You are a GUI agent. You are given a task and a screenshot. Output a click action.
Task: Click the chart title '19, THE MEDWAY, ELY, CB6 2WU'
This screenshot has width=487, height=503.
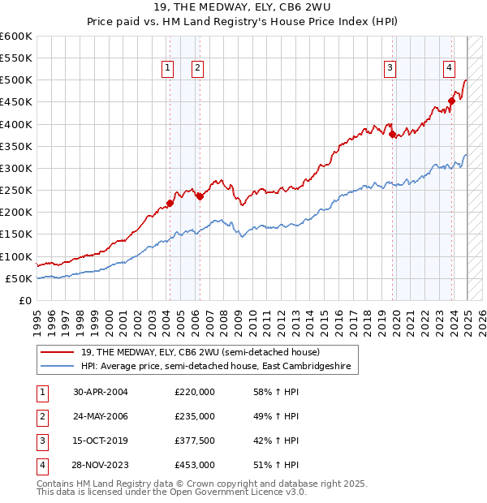coord(243,9)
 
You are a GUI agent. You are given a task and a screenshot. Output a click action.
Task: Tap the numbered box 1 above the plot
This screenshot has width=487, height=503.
coord(167,68)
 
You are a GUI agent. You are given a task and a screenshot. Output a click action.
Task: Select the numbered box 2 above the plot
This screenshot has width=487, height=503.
coord(197,68)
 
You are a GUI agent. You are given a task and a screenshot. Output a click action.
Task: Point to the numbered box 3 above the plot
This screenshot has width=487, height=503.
coord(390,68)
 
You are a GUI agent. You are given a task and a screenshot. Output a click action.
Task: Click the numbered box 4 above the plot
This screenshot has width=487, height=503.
coord(449,68)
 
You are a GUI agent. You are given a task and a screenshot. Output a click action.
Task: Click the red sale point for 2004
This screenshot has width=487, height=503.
coord(170,203)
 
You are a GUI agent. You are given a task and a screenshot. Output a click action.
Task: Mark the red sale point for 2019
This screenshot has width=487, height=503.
coord(392,135)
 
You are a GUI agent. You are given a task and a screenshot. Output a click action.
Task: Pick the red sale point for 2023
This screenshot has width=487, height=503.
coord(452,101)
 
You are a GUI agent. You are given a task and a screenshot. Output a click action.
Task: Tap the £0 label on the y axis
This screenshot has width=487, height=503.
coord(26,300)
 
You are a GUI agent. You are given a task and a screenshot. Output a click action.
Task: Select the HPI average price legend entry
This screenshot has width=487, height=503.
coord(215,367)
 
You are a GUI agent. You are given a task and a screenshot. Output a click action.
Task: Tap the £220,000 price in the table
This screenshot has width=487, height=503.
coord(195,392)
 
